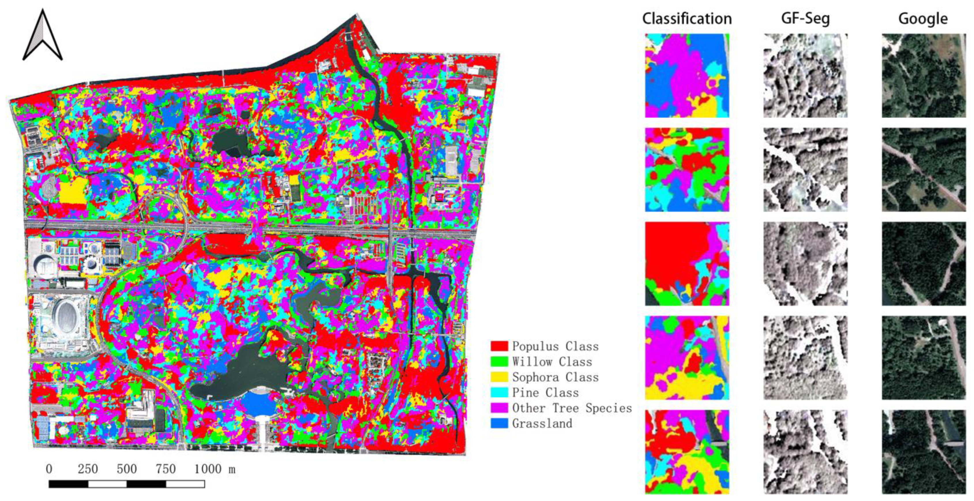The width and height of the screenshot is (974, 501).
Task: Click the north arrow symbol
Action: pyautogui.click(x=43, y=36)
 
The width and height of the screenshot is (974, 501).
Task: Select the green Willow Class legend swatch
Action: pyautogui.click(x=499, y=361)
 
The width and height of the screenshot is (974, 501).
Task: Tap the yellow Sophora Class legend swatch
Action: pyautogui.click(x=499, y=377)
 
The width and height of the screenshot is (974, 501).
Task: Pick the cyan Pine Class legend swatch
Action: pyautogui.click(x=499, y=393)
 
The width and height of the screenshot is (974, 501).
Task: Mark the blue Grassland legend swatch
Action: pyautogui.click(x=499, y=423)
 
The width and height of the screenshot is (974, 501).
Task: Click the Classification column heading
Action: pyautogui.click(x=687, y=18)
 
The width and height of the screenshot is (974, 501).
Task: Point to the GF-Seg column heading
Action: pyautogui.click(x=805, y=18)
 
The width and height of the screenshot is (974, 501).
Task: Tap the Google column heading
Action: pyautogui.click(x=923, y=18)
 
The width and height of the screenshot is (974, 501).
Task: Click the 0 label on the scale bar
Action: pyautogui.click(x=49, y=469)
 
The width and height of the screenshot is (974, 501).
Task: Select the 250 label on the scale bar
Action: pyautogui.click(x=88, y=469)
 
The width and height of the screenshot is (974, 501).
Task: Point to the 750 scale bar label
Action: pyautogui.click(x=166, y=469)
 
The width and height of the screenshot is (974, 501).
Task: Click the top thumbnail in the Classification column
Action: pyautogui.click(x=687, y=76)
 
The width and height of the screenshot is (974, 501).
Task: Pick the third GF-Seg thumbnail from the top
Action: pyautogui.click(x=805, y=264)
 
